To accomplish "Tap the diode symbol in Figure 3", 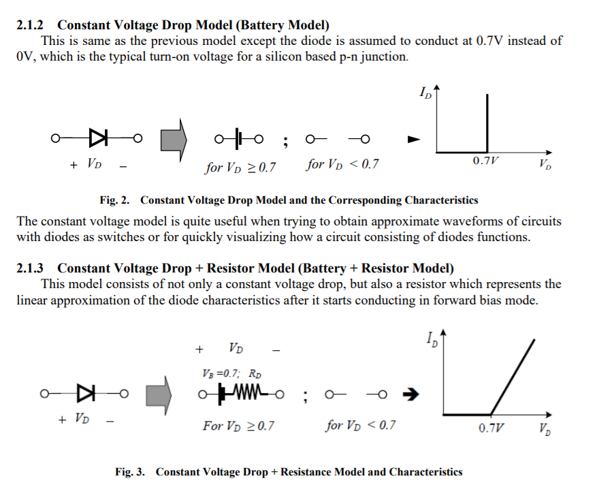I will point(86,392).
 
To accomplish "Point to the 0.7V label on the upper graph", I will point(485,161).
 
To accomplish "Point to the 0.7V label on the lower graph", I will point(491,428).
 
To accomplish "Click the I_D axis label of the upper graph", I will point(426,94).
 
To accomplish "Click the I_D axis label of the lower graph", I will point(432,339).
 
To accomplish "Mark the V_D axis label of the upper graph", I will point(545,164).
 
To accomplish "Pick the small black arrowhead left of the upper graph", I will point(413,140).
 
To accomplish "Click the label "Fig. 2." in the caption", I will point(114,200).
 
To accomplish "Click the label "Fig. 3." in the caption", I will point(130,471).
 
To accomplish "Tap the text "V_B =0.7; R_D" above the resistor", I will point(232,373).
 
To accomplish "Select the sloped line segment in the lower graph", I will point(513,378).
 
